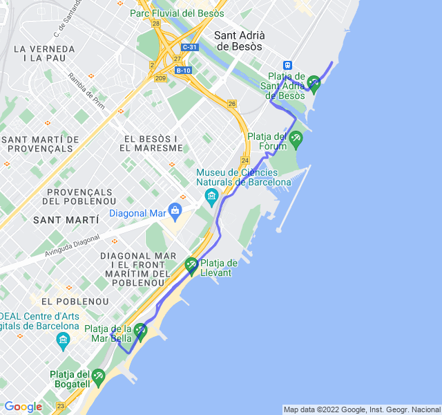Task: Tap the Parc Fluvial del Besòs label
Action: coord(177,13)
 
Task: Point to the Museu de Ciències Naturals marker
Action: coord(211,198)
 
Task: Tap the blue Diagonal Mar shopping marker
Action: coord(175,210)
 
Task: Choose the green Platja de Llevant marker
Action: coord(191,265)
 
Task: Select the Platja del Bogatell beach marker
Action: coord(97,377)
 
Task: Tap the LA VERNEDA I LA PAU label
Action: coord(44,54)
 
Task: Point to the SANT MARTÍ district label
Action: coord(66,219)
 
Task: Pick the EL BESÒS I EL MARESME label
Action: coord(151,143)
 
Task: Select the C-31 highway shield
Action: coord(189,47)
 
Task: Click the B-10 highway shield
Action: coord(183,70)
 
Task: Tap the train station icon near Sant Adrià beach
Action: coord(288,65)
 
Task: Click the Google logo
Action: coord(23,407)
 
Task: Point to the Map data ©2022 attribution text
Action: coord(361,409)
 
